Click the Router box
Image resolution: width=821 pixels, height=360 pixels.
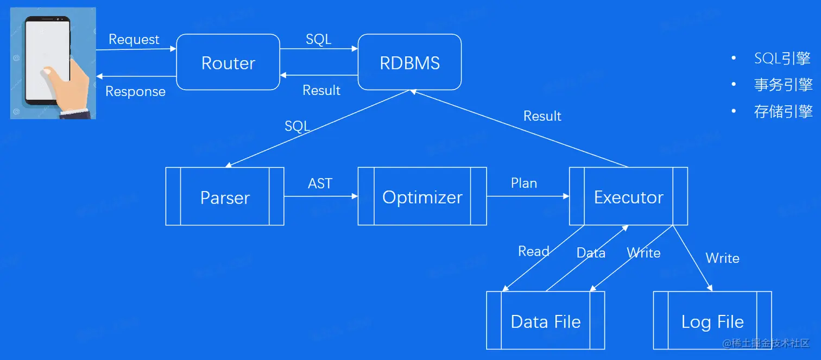[x=228, y=62]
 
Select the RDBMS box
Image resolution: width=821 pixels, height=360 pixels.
[x=409, y=62]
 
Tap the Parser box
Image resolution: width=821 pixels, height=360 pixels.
[x=225, y=197]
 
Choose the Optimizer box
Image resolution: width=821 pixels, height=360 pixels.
[x=422, y=197]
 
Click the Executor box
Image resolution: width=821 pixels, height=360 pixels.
[x=628, y=197]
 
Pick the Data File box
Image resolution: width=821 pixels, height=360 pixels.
[x=545, y=321]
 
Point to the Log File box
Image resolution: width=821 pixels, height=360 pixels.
[x=712, y=321]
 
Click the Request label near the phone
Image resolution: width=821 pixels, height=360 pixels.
[x=134, y=39]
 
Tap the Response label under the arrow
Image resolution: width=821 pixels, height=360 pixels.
[x=135, y=91]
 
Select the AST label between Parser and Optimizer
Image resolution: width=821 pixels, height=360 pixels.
[x=320, y=184]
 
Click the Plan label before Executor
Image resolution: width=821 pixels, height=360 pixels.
[x=523, y=183]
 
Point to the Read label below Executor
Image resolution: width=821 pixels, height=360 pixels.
[x=533, y=251]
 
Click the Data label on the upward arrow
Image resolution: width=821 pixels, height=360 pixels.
[x=590, y=252]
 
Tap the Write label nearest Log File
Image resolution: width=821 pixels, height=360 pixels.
[x=722, y=257]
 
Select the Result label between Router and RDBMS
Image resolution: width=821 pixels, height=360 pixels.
[x=321, y=90]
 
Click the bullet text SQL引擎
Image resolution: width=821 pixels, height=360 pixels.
[x=782, y=58]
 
